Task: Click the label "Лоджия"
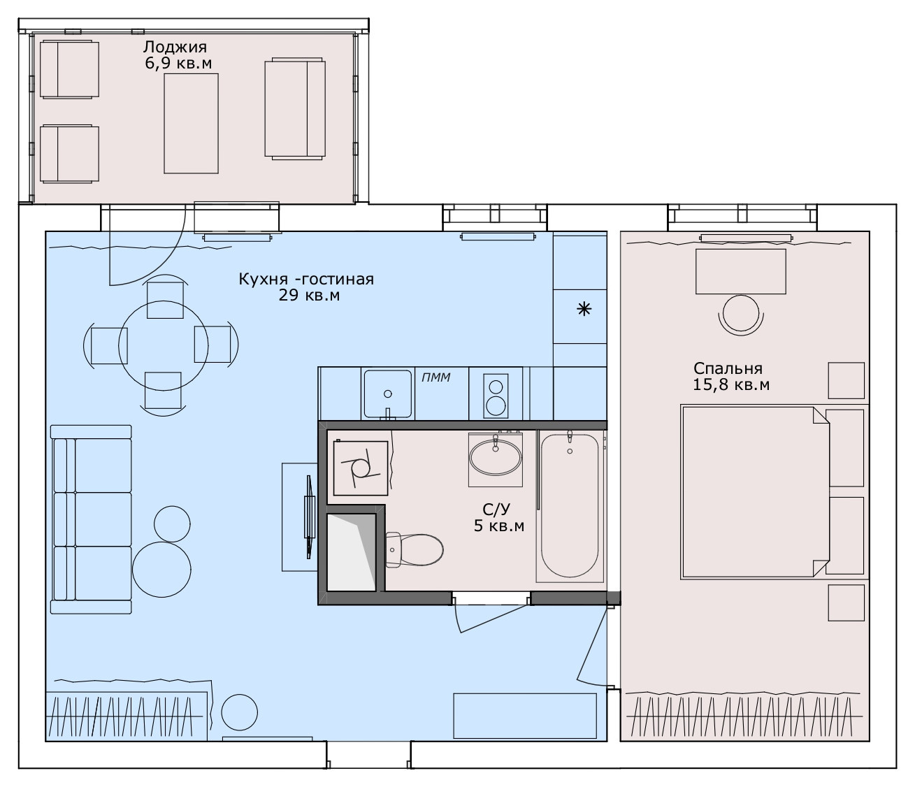coord(175,47)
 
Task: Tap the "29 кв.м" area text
coord(309,295)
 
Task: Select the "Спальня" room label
coord(728,368)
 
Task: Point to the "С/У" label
coord(496,510)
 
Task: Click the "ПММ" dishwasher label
coord(435,377)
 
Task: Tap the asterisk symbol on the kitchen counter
coord(584,309)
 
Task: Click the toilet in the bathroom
coord(414,549)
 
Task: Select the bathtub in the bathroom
coord(570,505)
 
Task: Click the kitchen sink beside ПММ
coord(388,394)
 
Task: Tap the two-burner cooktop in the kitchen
coord(496,396)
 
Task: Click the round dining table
coord(164,346)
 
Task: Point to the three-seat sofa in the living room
coord(91,519)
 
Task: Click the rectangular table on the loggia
coord(191,124)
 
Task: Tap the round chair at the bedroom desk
coord(741,313)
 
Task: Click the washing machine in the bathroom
coord(360,468)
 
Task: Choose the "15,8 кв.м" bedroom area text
coord(731,384)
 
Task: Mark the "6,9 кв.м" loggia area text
coord(178,64)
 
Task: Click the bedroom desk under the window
coord(740,271)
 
